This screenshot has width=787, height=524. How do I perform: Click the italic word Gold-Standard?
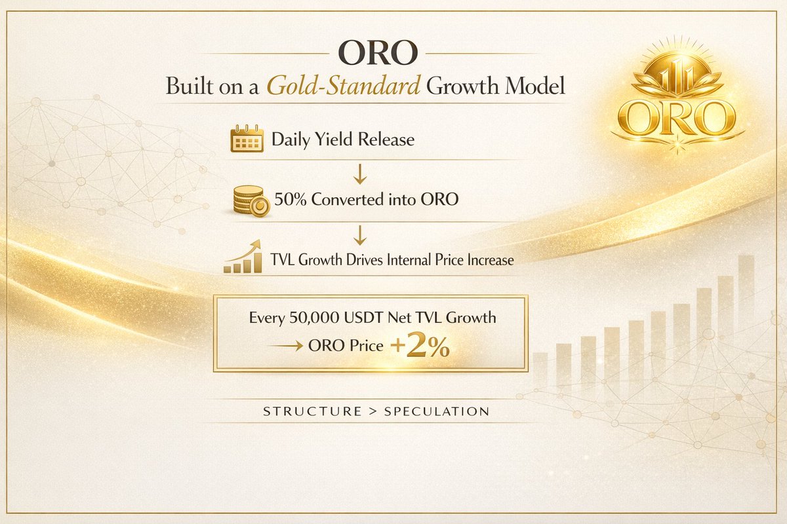[344, 87]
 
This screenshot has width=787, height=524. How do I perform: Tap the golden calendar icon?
[247, 140]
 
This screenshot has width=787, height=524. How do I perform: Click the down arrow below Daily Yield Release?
[360, 173]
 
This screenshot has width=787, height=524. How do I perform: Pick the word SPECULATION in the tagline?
[437, 412]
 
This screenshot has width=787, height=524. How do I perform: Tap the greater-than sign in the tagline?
[373, 412]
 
